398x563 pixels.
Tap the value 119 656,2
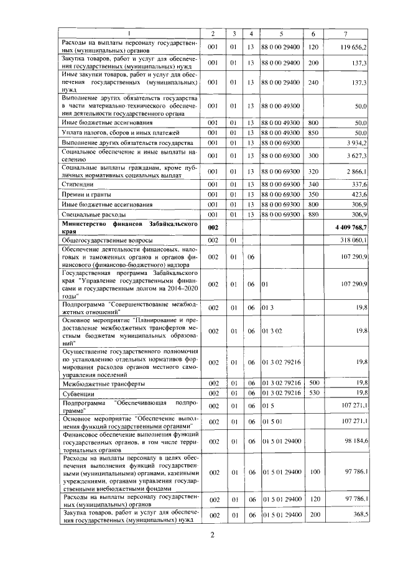[x=354, y=47]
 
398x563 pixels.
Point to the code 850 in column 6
[x=313, y=133]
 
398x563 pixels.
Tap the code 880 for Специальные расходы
[x=313, y=214]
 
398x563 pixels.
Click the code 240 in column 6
[x=313, y=83]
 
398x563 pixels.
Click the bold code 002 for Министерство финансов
[x=213, y=228]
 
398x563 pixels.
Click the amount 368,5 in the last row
[x=358, y=515]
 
